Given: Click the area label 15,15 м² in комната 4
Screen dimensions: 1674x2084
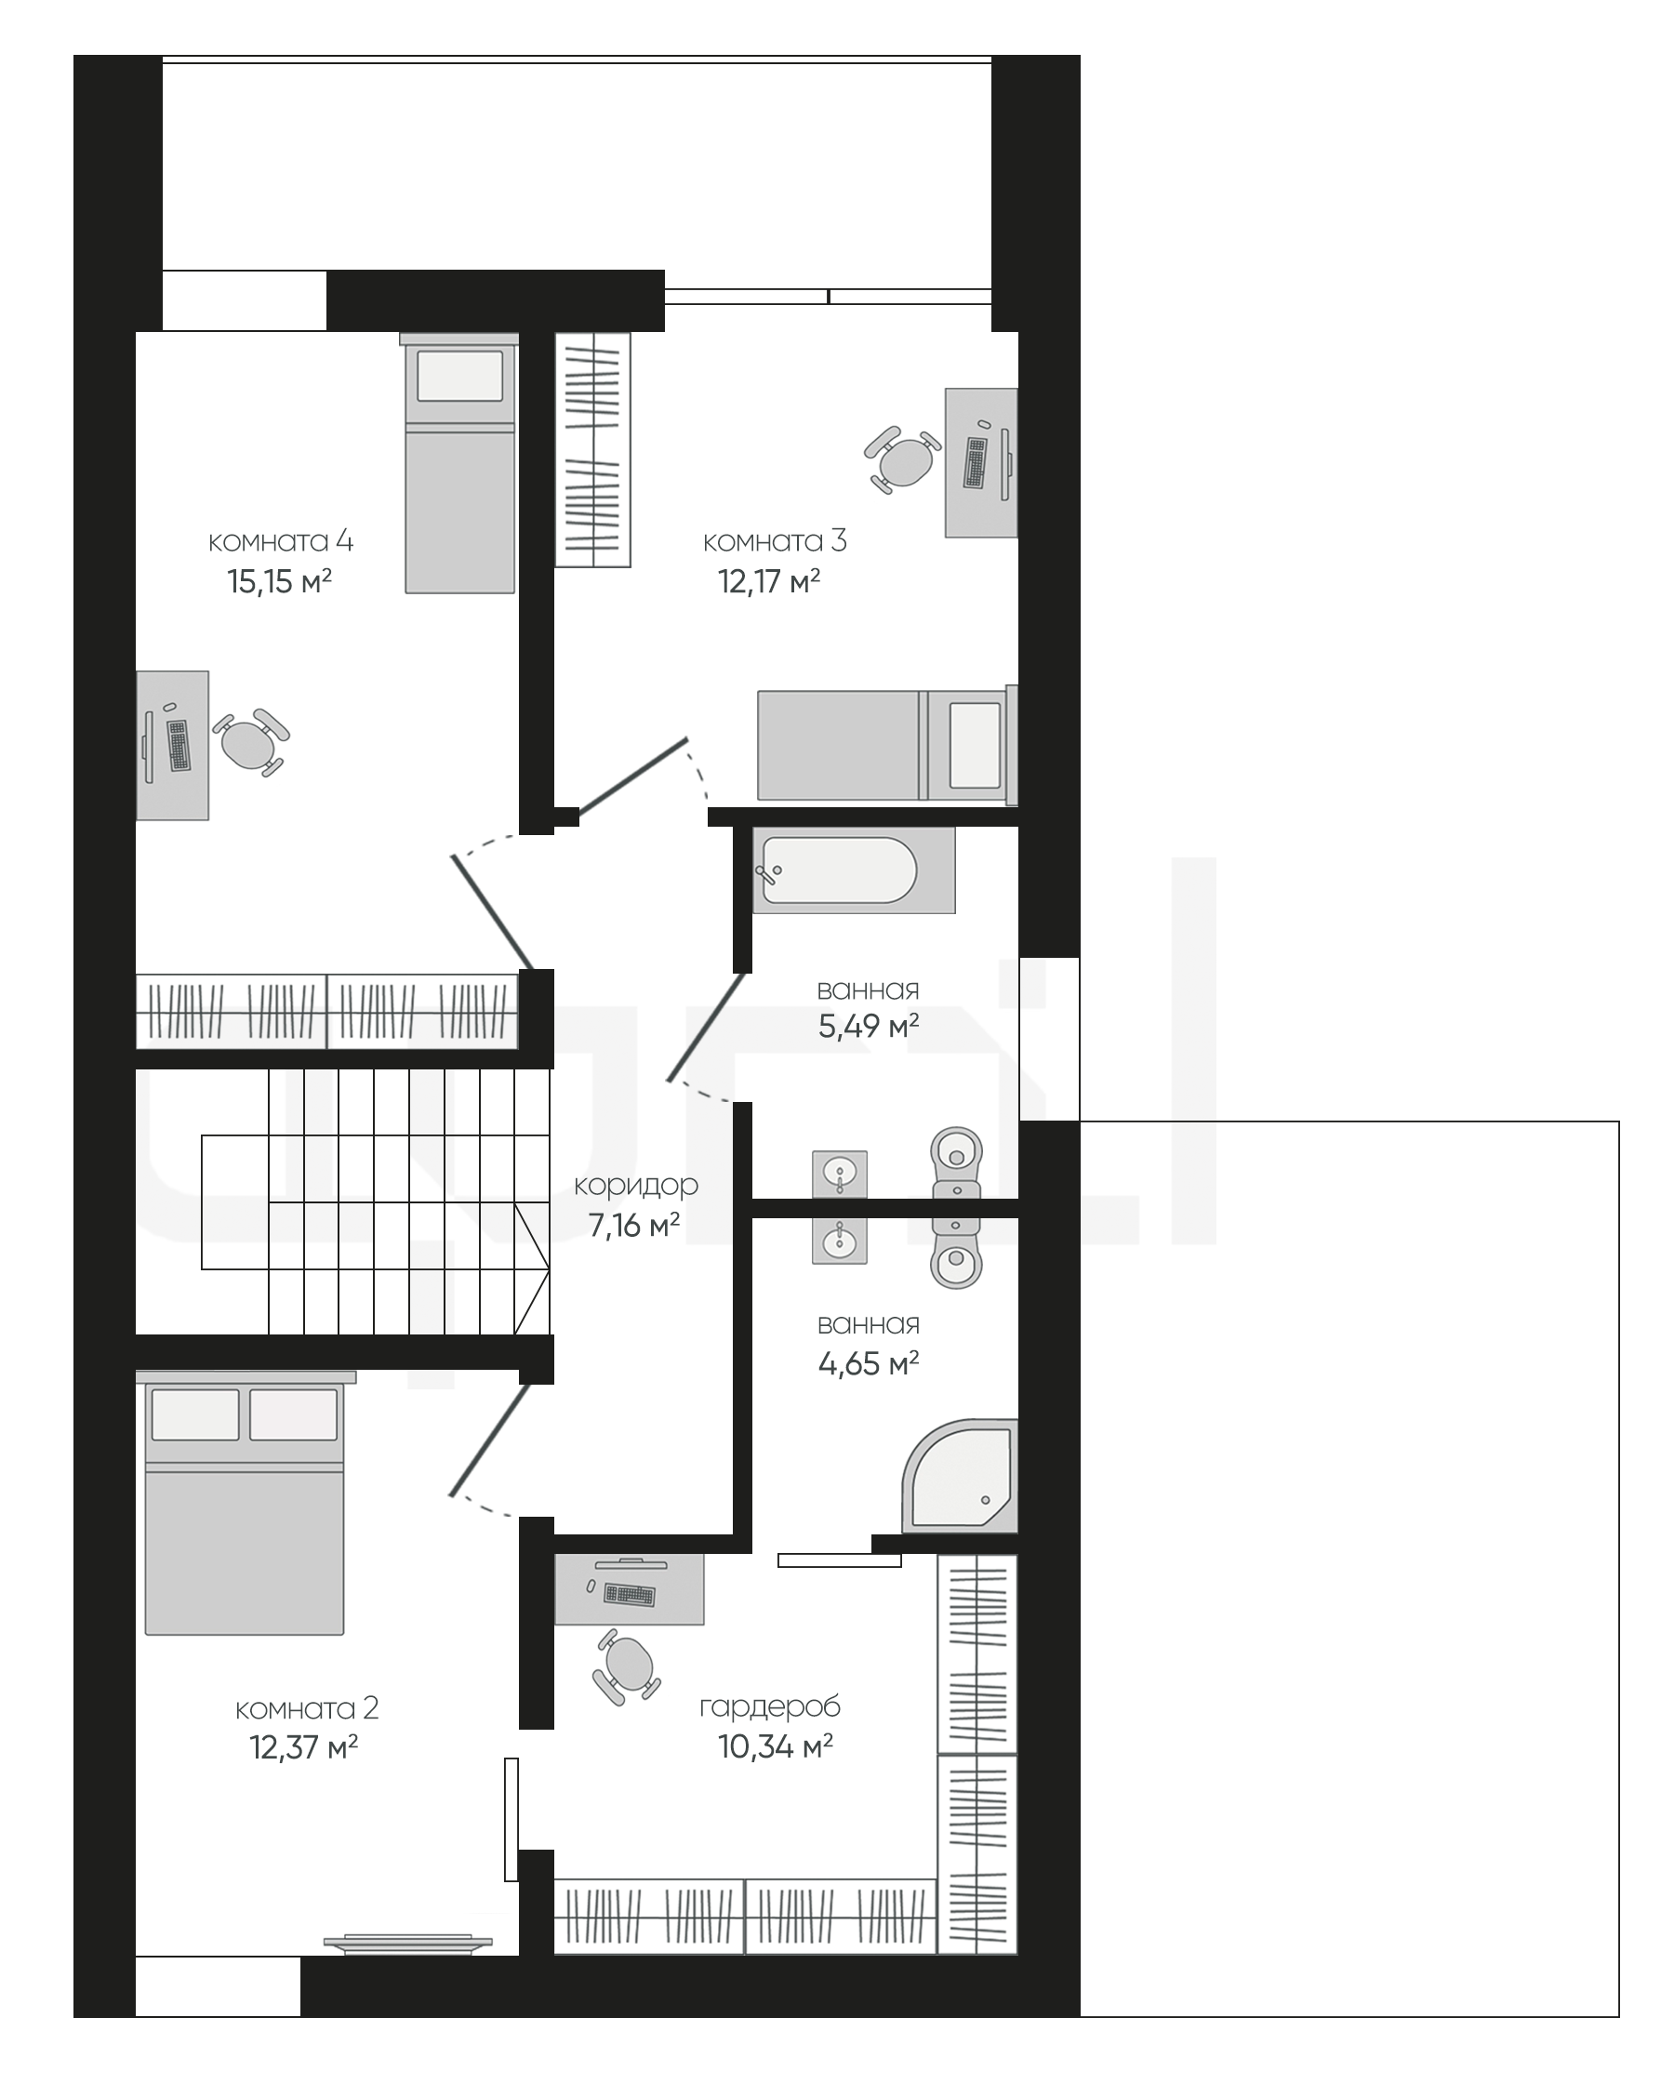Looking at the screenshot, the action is (x=279, y=581).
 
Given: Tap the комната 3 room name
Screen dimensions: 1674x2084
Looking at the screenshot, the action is (x=774, y=540).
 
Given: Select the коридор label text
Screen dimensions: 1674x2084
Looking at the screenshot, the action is (x=635, y=1185).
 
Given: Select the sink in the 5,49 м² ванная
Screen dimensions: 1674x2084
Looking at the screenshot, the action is (x=839, y=1175).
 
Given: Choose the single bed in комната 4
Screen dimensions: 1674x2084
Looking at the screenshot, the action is (x=460, y=463).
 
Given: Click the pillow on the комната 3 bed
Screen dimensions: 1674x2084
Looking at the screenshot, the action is (x=975, y=745).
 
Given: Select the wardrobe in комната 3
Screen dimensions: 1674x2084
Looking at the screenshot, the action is (x=592, y=449).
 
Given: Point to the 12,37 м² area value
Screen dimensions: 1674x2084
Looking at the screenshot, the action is (x=303, y=1746).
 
